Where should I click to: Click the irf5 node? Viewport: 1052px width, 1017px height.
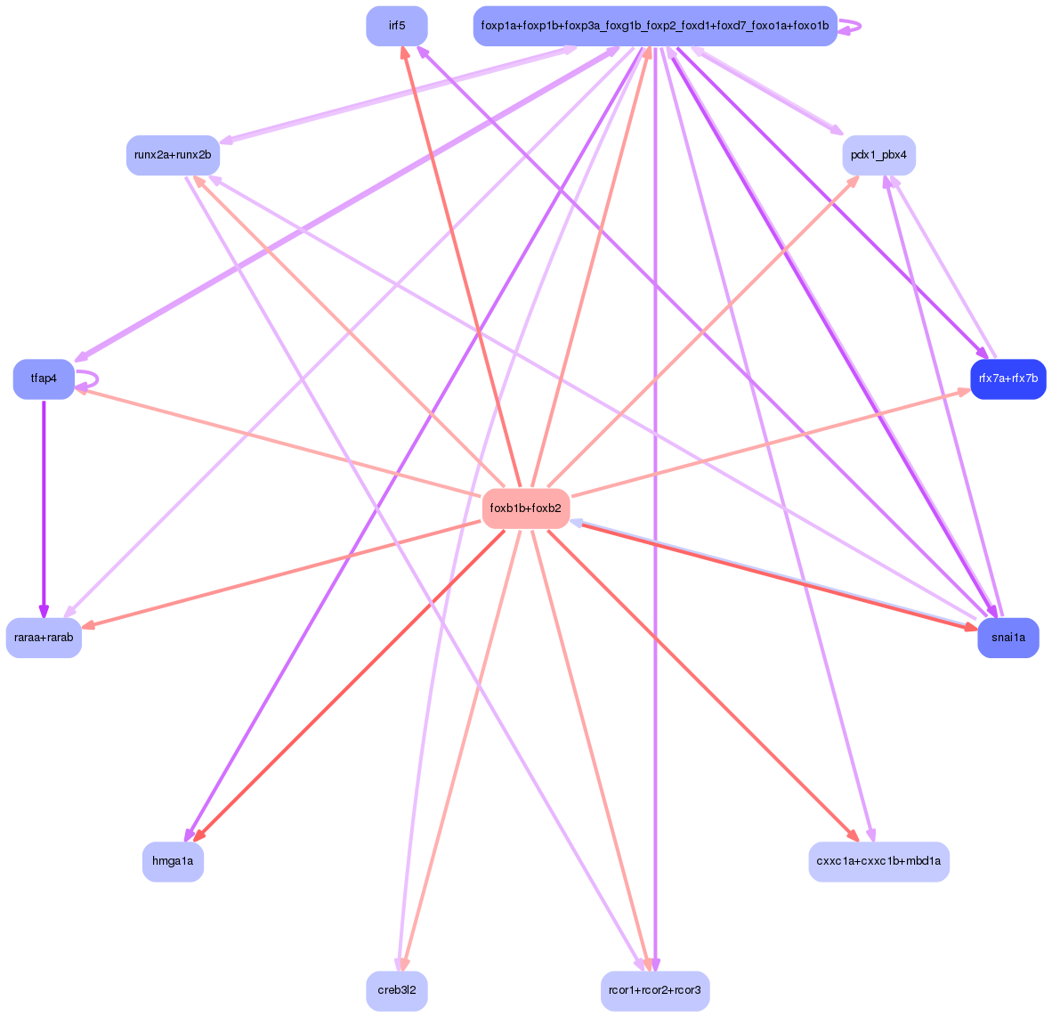(396, 26)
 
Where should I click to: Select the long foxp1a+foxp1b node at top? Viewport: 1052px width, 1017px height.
(654, 26)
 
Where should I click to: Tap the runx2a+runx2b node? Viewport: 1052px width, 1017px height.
(173, 155)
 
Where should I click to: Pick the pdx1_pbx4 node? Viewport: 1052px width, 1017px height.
(878, 155)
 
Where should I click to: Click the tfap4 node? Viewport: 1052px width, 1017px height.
(44, 378)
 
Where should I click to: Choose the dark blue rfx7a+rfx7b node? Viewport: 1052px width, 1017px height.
(1007, 378)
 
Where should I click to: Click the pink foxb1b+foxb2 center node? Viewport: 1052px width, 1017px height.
(525, 508)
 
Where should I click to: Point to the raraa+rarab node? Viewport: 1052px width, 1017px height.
(44, 638)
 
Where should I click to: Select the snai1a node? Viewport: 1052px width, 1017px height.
(1007, 638)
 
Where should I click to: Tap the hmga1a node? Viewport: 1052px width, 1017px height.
(173, 861)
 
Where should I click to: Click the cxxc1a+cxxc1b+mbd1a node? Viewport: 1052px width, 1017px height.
(878, 861)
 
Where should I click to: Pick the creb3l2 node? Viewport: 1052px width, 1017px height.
(396, 990)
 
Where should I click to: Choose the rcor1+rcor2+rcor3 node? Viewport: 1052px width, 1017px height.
(654, 990)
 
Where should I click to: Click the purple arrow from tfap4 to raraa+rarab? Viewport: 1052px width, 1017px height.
(44, 508)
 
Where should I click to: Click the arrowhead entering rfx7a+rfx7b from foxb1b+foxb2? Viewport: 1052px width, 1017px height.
(965, 390)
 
